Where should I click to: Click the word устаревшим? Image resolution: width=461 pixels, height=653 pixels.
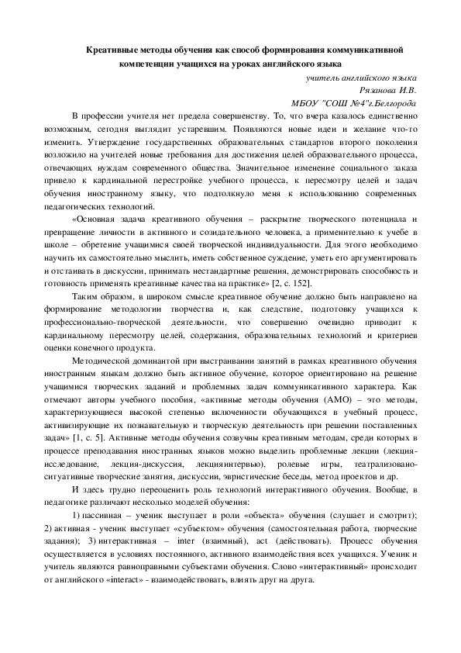(197, 131)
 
